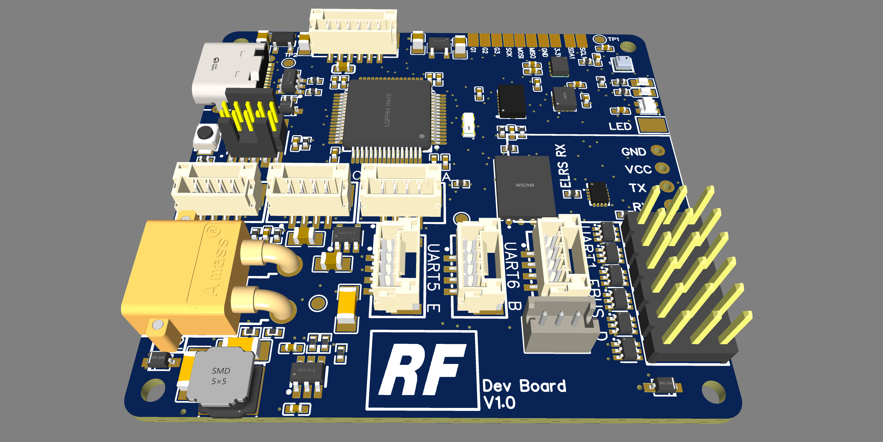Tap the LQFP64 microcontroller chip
(x=387, y=113)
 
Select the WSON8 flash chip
(x=525, y=187)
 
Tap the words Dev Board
(x=525, y=386)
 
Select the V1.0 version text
(x=499, y=403)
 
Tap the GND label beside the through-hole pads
(x=634, y=152)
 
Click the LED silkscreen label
(x=620, y=126)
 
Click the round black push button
(x=205, y=132)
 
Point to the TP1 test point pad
(x=600, y=40)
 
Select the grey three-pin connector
(x=559, y=326)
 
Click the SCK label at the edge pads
(x=509, y=52)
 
